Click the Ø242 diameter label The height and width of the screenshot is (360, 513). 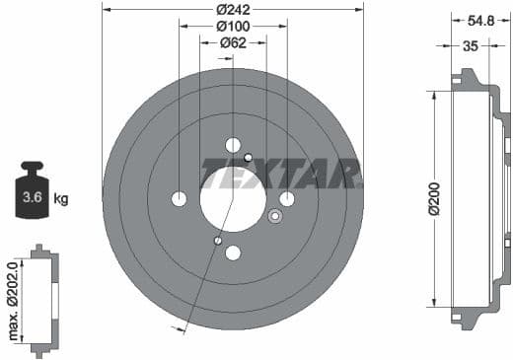233,9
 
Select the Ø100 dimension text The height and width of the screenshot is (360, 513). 233,25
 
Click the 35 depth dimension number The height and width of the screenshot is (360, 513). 470,44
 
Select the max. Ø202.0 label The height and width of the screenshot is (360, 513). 13,301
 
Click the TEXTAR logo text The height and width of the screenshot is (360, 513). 280,173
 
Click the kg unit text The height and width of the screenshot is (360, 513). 61,199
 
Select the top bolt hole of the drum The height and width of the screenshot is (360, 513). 233,145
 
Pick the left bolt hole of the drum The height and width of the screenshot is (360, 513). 179,199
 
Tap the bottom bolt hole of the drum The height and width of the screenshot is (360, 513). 233,252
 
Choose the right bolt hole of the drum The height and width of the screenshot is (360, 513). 287,199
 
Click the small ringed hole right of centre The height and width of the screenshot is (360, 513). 274,216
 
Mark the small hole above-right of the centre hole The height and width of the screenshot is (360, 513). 249,158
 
